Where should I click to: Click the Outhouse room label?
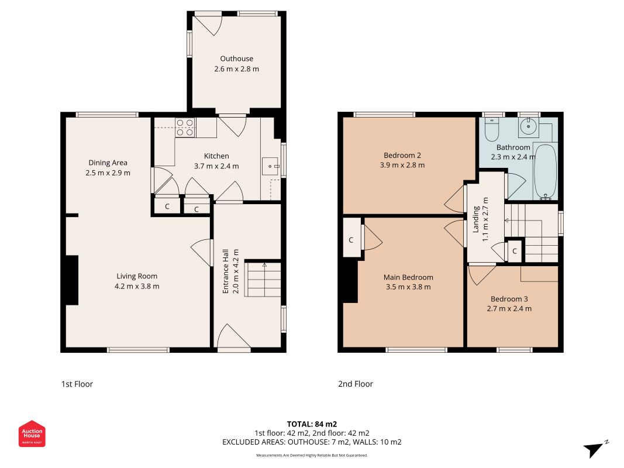(x=236, y=58)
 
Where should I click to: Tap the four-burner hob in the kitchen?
(x=185, y=128)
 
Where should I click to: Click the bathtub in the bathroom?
(x=545, y=171)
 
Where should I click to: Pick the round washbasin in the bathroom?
(x=529, y=127)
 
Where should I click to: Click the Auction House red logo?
(x=32, y=433)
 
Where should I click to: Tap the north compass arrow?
(x=594, y=449)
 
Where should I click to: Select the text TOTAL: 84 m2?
(x=312, y=424)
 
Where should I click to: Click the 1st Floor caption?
(x=77, y=384)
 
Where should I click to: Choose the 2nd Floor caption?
(x=356, y=384)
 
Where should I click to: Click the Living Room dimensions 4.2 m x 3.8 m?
(x=137, y=286)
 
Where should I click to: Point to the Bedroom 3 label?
(x=509, y=299)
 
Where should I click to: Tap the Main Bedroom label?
(x=408, y=277)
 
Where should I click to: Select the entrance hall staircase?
(x=263, y=279)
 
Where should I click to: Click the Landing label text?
(x=475, y=219)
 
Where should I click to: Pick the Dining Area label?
(x=108, y=163)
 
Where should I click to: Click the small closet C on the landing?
(x=515, y=251)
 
